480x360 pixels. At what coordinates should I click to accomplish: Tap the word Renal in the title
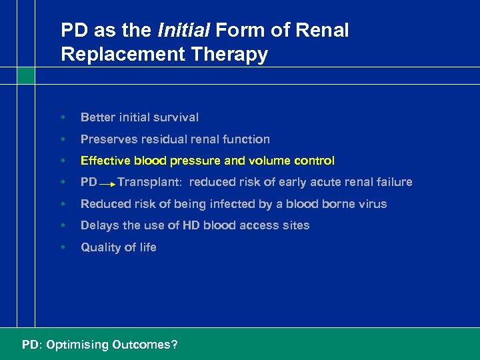pyautogui.click(x=325, y=31)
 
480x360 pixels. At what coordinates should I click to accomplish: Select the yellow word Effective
pyautogui.click(x=105, y=161)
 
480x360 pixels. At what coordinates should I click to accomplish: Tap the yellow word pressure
pyautogui.click(x=191, y=161)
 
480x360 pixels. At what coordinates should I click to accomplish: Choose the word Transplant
pyautogui.click(x=145, y=182)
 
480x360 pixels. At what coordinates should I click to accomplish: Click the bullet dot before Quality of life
pyautogui.click(x=63, y=247)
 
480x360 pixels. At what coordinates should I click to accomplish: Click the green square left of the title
pyautogui.click(x=26, y=75)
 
